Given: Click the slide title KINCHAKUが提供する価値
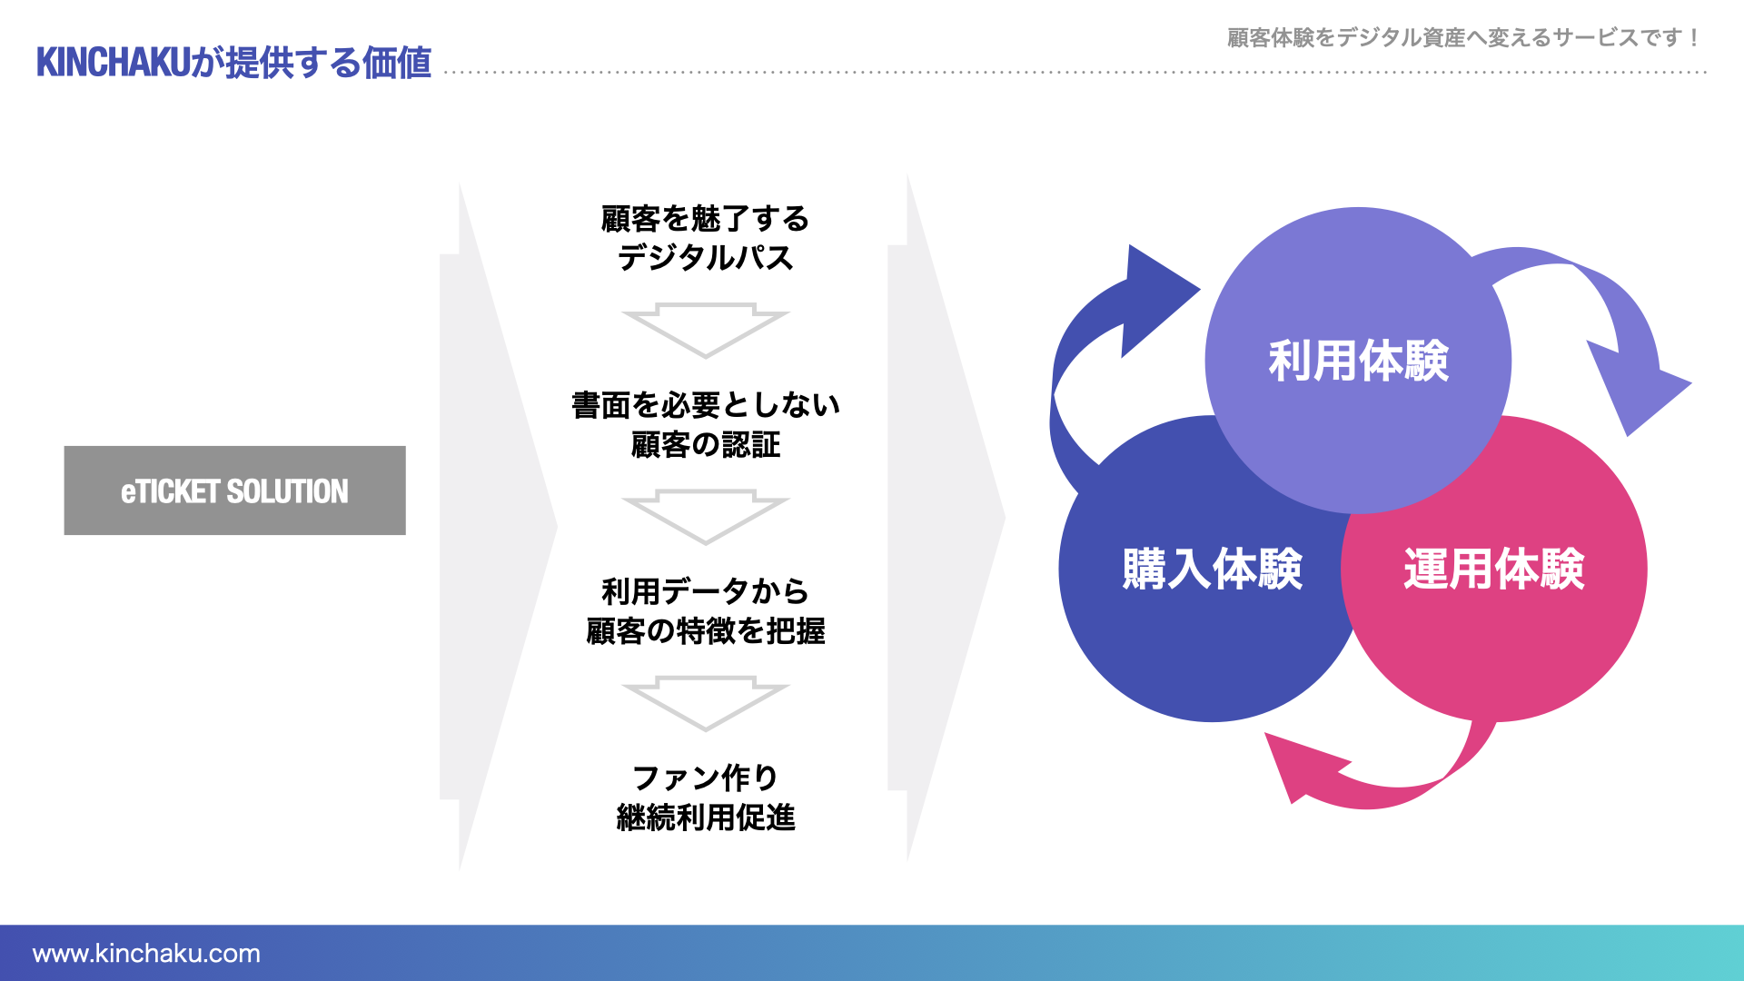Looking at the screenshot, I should pos(233,63).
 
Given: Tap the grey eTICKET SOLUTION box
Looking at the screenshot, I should pos(234,490).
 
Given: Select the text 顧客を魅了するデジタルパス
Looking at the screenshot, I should pos(705,238).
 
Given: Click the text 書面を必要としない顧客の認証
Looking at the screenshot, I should pos(705,424).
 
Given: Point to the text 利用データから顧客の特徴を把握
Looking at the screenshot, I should pos(705,610).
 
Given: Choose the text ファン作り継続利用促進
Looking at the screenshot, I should pos(705,798).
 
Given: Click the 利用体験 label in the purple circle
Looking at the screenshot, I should pos(1358,361).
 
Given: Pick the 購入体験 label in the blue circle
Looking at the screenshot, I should pos(1212,570).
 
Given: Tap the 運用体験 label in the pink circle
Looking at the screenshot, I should pos(1493,570).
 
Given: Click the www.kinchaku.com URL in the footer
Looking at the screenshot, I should pos(146,953).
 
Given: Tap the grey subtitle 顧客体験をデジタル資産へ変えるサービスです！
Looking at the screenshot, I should pos(1462,37).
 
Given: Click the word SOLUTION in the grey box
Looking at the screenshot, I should pos(287,491).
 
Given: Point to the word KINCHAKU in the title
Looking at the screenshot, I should pos(113,63).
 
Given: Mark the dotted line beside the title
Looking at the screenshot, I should pos(1072,72).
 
